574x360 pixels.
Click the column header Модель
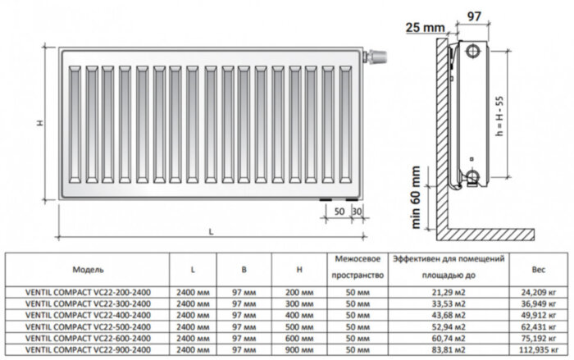coord(88,268)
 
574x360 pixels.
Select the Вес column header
coord(538,268)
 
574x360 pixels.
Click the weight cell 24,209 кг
coord(538,292)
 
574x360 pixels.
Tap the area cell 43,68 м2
coord(448,314)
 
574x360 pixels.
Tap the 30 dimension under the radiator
coord(356,212)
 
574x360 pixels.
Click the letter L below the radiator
coord(210,233)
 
